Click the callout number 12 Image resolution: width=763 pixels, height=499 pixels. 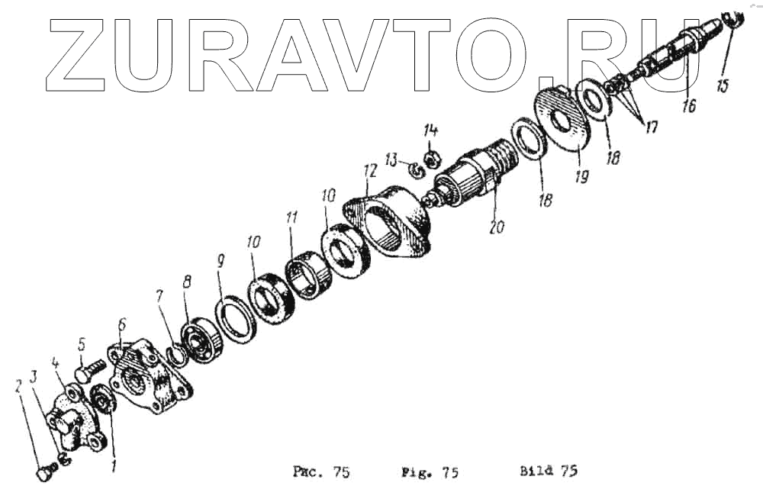pos(370,171)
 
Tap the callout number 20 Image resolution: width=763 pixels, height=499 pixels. pos(497,227)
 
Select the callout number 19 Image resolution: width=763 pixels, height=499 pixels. pos(581,176)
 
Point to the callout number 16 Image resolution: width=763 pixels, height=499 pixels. pos(688,105)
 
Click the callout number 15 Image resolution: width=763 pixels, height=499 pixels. pos(722,86)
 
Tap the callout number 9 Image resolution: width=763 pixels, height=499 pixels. pos(221,262)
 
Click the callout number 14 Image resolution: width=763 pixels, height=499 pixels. pos(430,130)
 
